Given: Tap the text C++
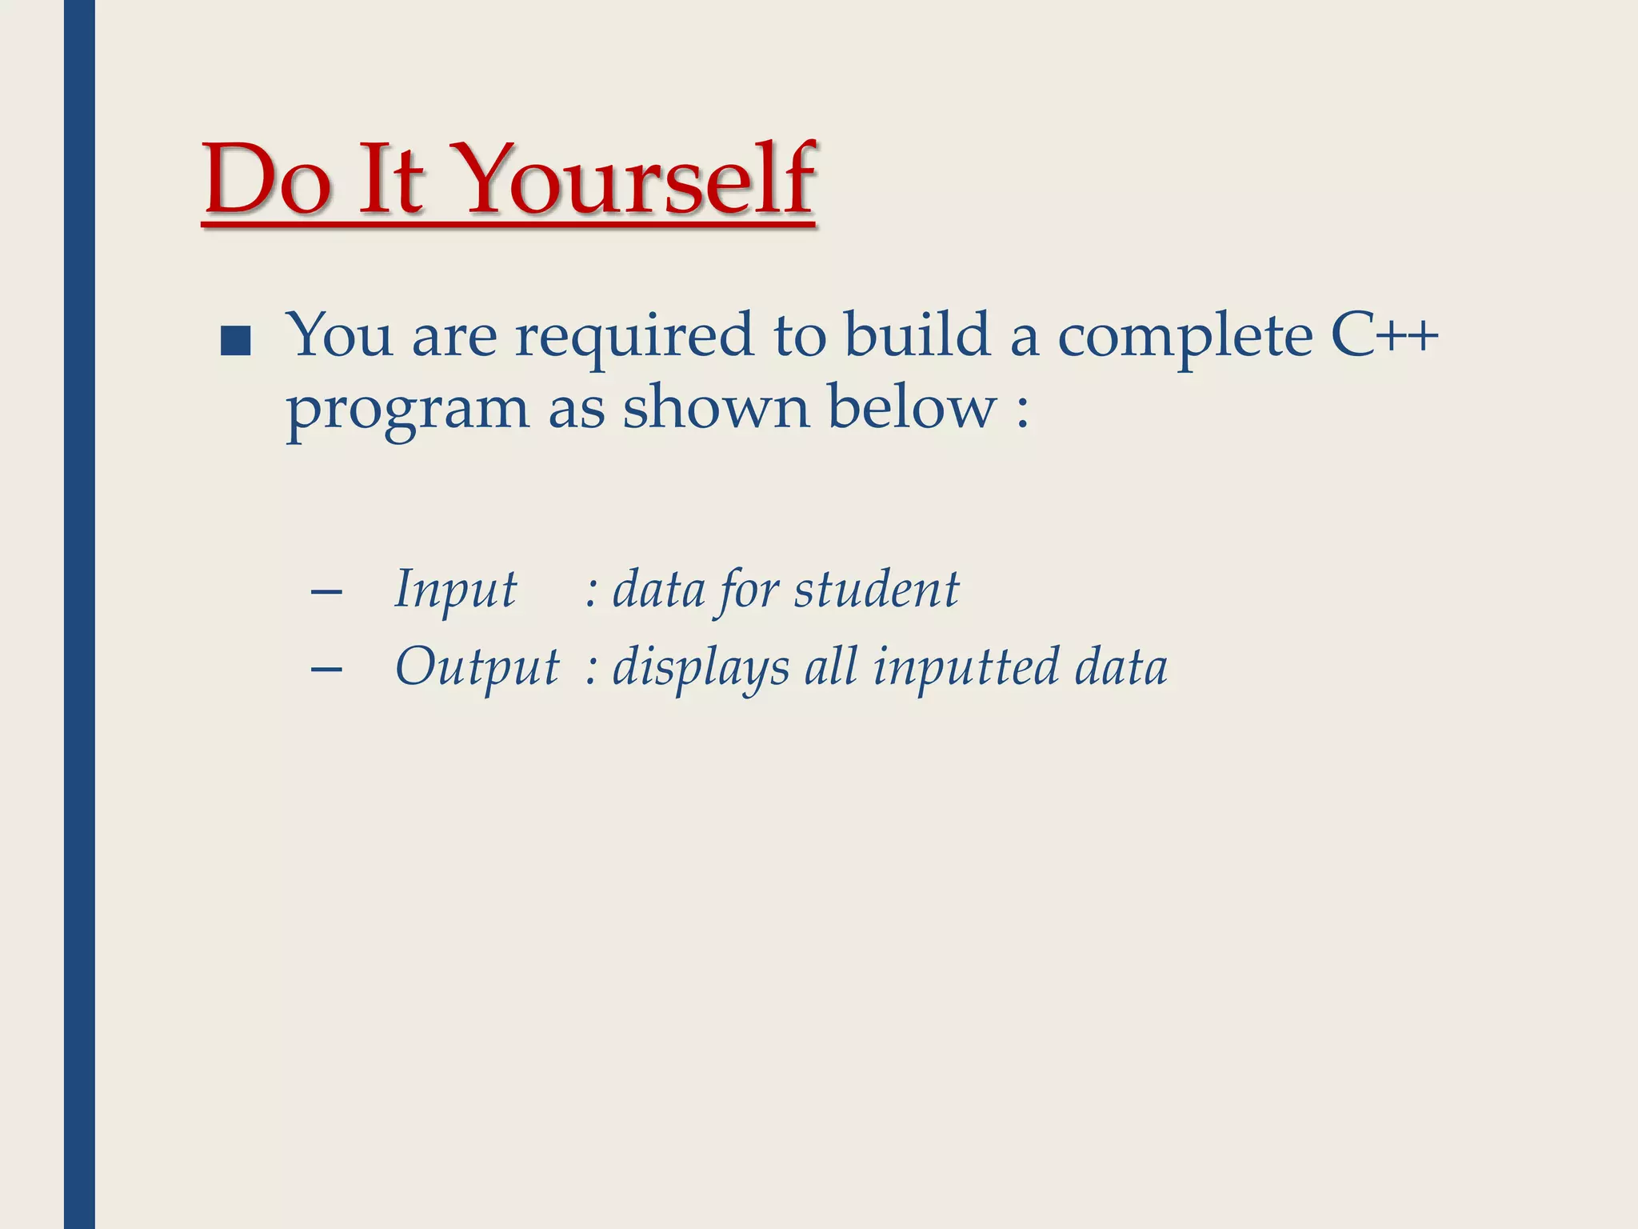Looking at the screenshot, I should tap(1384, 334).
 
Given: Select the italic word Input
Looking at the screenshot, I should tap(456, 590).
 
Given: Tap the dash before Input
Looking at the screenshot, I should tap(326, 593).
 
